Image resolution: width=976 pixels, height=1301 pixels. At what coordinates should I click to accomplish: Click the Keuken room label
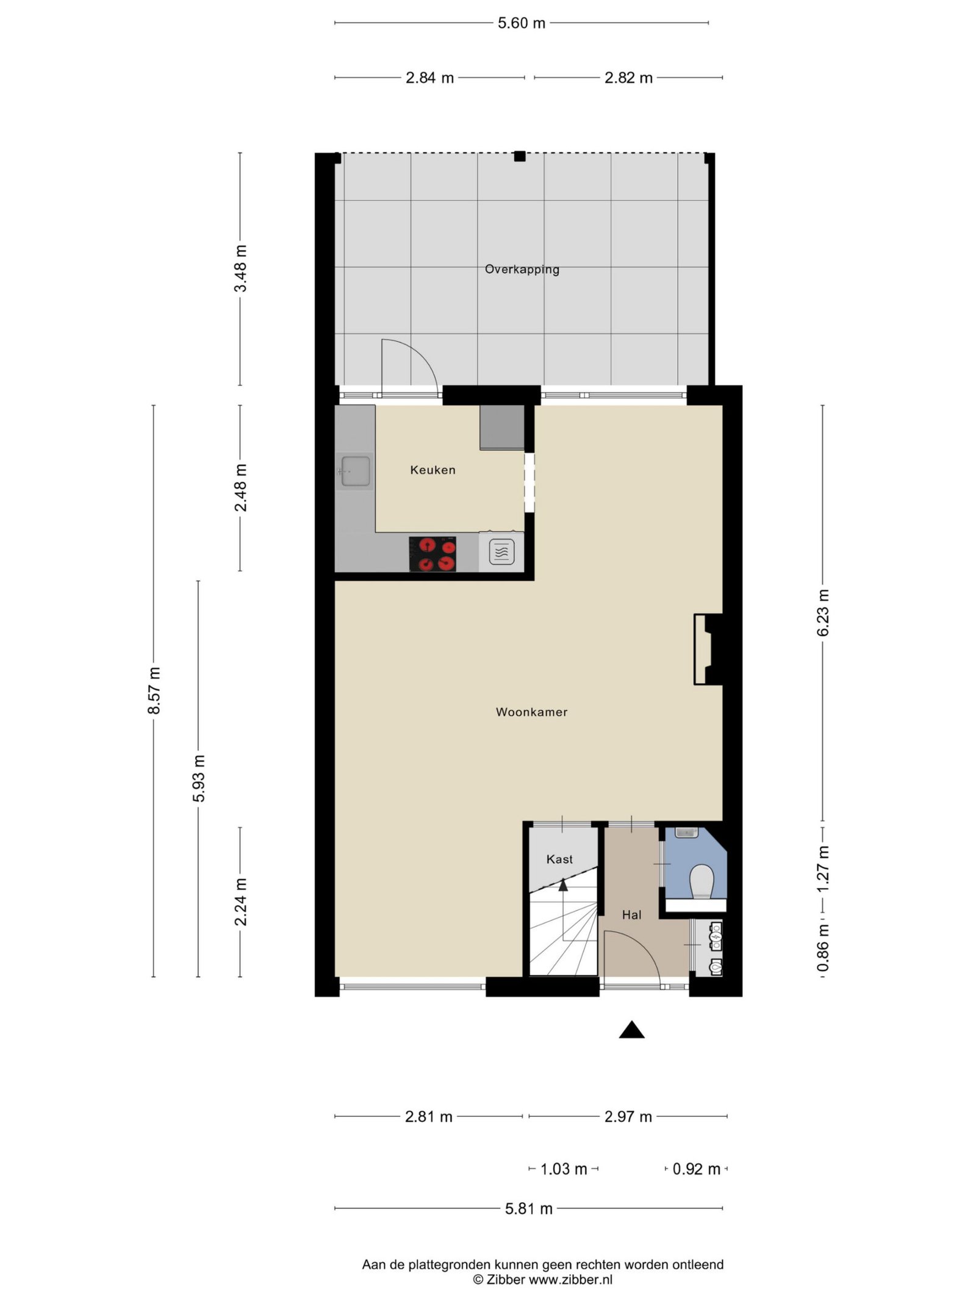tap(432, 470)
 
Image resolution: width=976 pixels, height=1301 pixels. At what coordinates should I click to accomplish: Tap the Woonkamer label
tap(531, 712)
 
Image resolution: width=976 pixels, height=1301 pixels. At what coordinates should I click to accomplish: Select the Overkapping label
tap(522, 269)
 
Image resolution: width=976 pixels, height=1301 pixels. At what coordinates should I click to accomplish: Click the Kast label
tap(559, 859)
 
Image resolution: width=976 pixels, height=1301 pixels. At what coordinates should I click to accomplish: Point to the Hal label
tap(631, 915)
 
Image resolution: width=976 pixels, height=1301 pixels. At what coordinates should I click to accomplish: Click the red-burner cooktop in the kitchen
tap(432, 554)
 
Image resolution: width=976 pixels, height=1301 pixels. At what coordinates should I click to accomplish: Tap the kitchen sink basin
tap(356, 471)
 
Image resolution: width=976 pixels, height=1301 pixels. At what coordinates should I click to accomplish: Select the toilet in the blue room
tap(701, 881)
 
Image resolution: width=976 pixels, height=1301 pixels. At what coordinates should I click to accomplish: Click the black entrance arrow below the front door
tap(632, 1030)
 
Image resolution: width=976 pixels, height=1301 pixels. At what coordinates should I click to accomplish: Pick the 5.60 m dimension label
tap(522, 23)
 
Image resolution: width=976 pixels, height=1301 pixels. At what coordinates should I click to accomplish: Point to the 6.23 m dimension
tap(823, 612)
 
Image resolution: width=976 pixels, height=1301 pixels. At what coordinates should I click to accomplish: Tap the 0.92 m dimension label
tap(696, 1169)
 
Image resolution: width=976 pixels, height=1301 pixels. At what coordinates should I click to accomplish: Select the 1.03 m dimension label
tap(564, 1169)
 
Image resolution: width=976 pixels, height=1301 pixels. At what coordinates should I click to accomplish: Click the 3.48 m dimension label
tap(242, 268)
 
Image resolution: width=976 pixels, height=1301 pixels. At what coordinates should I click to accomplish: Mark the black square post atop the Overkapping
tap(519, 156)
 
